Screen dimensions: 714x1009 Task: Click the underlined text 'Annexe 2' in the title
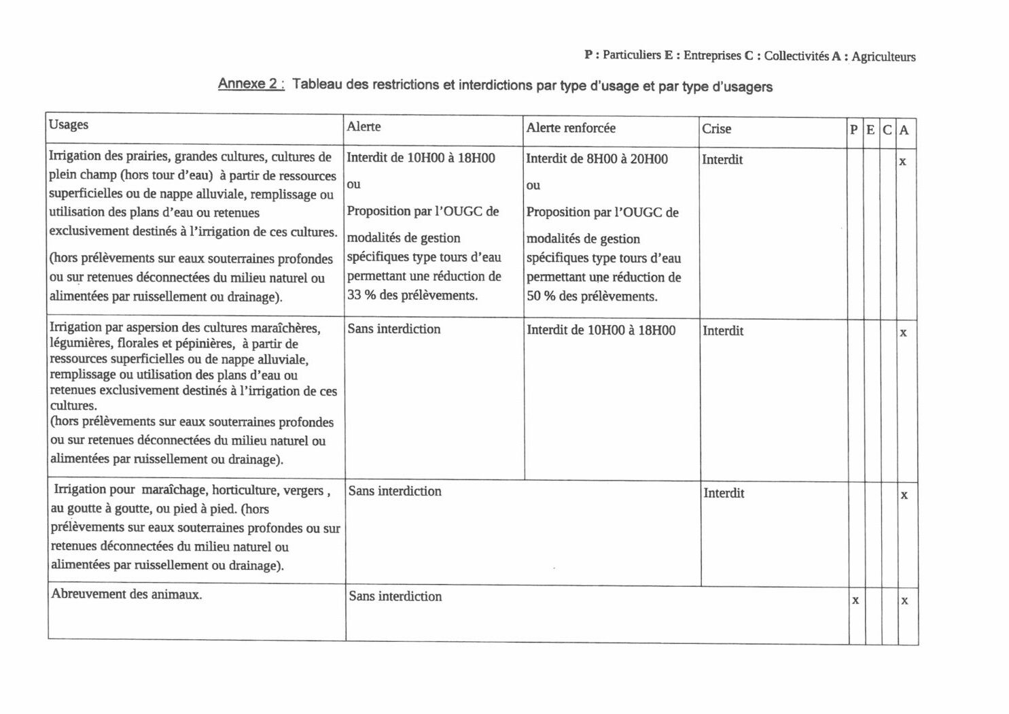pos(249,84)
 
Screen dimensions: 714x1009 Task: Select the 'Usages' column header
pos(69,124)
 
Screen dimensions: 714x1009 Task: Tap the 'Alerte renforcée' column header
pos(571,128)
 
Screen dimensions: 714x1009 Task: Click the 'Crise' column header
pos(716,129)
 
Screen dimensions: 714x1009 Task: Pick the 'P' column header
pos(854,130)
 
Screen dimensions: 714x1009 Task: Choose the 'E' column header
pos(870,130)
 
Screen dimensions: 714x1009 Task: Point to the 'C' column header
pos(887,130)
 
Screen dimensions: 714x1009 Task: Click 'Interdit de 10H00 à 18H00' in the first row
pos(421,158)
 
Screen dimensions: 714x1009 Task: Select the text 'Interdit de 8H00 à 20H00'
pos(597,159)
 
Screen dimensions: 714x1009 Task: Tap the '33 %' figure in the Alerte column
pos(362,295)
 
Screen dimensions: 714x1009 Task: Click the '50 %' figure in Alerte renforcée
pos(542,296)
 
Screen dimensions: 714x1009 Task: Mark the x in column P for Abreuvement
pos(855,600)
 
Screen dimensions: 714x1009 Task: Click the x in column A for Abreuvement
pos(904,600)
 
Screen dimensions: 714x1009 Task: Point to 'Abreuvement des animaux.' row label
pos(126,594)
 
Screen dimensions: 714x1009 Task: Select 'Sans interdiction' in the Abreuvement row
pos(395,596)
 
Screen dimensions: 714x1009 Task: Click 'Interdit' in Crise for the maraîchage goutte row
pos(724,493)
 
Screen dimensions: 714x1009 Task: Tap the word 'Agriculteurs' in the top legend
pos(883,57)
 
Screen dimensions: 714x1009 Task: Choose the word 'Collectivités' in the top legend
pos(796,56)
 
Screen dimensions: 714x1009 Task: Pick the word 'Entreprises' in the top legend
pos(712,55)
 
